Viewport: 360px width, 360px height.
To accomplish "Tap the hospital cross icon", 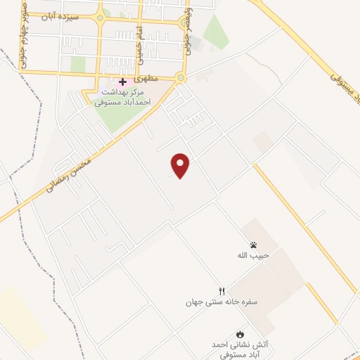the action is pyautogui.click(x=122, y=82).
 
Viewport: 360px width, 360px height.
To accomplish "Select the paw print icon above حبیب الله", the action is pyautogui.click(x=253, y=245).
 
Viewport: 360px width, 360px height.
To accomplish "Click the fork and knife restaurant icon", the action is pyautogui.click(x=222, y=291).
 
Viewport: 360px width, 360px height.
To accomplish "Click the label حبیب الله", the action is pyautogui.click(x=253, y=256).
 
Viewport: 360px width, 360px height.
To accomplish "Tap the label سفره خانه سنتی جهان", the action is pyautogui.click(x=222, y=302).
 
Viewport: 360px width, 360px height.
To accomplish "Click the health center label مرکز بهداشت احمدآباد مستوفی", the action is pyautogui.click(x=127, y=97).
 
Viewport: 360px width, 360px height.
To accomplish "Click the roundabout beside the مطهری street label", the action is pyautogui.click(x=181, y=78).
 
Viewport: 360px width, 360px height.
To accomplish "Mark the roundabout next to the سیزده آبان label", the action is pyautogui.click(x=99, y=17).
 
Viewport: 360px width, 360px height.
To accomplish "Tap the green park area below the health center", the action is pyautogui.click(x=116, y=116).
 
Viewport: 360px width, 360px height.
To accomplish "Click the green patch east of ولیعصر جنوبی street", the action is pyautogui.click(x=215, y=32).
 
